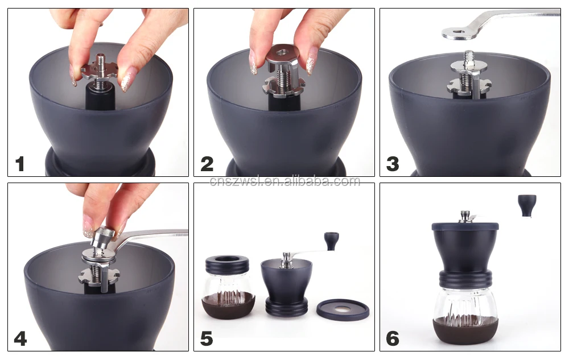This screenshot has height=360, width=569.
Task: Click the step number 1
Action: (20, 164)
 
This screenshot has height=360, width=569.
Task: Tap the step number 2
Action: (207, 164)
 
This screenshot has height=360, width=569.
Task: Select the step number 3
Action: (393, 164)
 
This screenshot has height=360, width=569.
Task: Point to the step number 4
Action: (20, 339)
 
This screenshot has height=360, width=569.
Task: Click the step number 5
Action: (207, 339)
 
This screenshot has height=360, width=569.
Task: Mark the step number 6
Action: (393, 339)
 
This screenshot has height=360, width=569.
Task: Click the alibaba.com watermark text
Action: (285, 180)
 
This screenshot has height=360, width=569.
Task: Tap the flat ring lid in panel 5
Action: (343, 310)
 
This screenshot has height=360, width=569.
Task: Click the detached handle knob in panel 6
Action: (527, 205)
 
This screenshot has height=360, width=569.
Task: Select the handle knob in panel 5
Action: (331, 241)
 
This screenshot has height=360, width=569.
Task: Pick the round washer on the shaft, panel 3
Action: (469, 65)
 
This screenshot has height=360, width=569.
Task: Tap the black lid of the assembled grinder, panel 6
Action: (465, 226)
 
